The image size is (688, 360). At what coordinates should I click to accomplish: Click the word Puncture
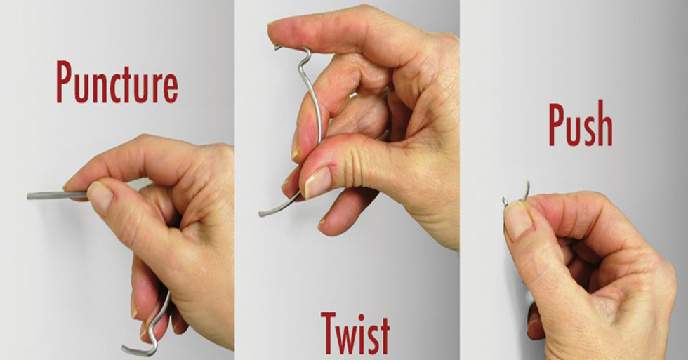(117, 82)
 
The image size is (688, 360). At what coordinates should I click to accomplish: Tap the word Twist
(355, 333)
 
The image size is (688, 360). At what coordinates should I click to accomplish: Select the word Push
(581, 124)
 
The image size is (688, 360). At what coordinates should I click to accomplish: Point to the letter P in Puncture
(65, 82)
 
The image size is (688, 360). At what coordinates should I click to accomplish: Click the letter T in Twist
(330, 333)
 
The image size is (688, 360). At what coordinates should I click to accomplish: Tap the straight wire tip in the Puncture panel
(28, 196)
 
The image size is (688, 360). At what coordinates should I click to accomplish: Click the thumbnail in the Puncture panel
(99, 197)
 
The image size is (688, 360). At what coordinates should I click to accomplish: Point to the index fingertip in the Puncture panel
(69, 186)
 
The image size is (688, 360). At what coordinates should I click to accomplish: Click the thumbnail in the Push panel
(518, 219)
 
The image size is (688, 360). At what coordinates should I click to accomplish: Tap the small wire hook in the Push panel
(517, 194)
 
